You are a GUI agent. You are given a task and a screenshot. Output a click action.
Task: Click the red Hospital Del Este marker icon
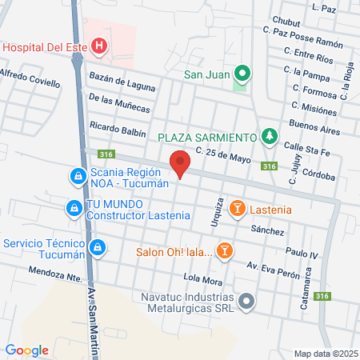click(98, 46)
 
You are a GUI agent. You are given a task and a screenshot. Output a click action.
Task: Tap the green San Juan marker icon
click(243, 74)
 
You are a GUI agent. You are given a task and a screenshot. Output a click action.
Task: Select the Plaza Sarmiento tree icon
click(270, 138)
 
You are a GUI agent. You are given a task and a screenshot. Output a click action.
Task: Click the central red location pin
click(181, 164)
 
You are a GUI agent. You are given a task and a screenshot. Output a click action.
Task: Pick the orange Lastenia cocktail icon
click(237, 209)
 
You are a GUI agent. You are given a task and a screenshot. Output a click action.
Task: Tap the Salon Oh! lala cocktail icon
click(226, 251)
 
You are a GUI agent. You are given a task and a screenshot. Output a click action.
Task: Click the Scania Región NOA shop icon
click(77, 174)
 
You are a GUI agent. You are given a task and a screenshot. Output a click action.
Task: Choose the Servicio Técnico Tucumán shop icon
click(97, 248)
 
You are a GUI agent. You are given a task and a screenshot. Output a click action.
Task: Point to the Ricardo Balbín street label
click(118, 128)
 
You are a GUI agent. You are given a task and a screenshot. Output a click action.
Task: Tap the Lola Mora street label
click(202, 280)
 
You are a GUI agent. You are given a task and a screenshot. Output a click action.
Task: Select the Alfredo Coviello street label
click(30, 78)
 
